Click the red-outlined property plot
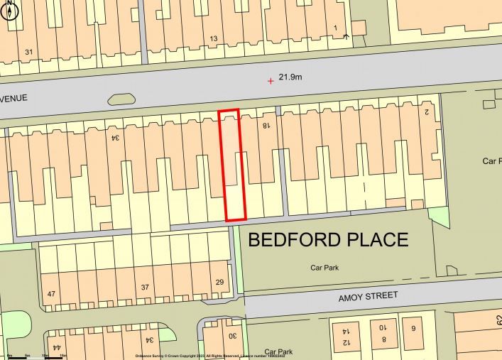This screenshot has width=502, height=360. point(231,165)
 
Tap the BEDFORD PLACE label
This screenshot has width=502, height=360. point(327,239)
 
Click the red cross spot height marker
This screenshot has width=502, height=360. point(270,81)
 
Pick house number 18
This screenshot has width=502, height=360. point(266,126)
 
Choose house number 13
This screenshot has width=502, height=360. point(213,38)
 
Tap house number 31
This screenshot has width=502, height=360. point(28,52)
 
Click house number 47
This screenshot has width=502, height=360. point(51,293)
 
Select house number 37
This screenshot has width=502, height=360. point(145,287)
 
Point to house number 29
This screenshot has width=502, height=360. point(219,283)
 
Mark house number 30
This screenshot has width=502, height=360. point(231,336)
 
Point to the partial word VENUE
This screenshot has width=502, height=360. point(13,97)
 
